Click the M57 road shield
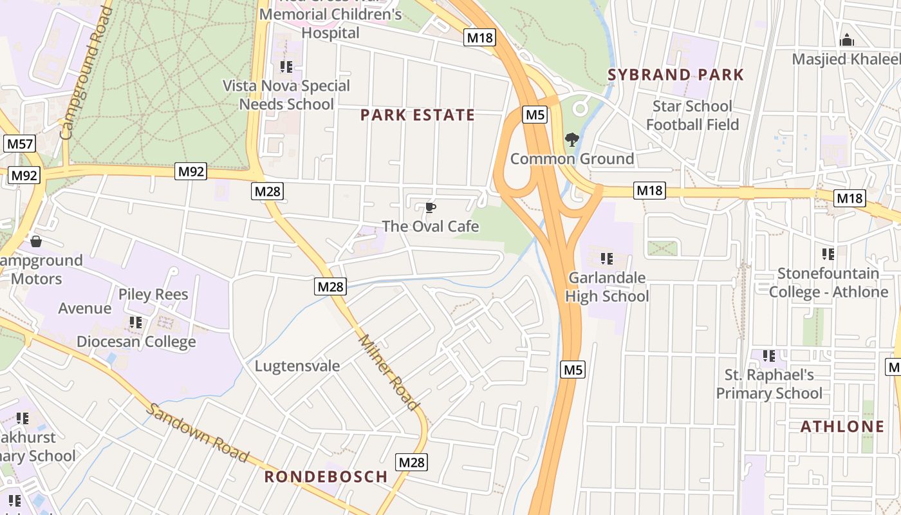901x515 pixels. point(19,144)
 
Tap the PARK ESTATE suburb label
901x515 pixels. point(417,115)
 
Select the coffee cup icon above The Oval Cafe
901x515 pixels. point(430,208)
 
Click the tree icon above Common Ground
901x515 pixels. point(571,140)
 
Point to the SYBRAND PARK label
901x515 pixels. point(676,75)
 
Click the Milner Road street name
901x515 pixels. point(389,372)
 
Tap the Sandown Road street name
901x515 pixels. point(197,433)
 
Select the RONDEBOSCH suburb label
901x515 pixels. point(326,477)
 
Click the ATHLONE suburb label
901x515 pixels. point(842,427)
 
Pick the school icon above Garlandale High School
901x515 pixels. point(606,259)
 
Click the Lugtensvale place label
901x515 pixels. point(297,366)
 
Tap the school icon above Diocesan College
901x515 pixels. point(135,322)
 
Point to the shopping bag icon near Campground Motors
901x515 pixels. point(36,241)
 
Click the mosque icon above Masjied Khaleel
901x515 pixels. point(847,41)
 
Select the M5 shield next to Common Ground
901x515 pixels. point(535,115)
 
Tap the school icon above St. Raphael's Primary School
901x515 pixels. point(768,356)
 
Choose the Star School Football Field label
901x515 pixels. point(692,115)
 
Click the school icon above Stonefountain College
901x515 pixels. point(828,254)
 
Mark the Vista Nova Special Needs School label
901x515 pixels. point(286,95)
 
